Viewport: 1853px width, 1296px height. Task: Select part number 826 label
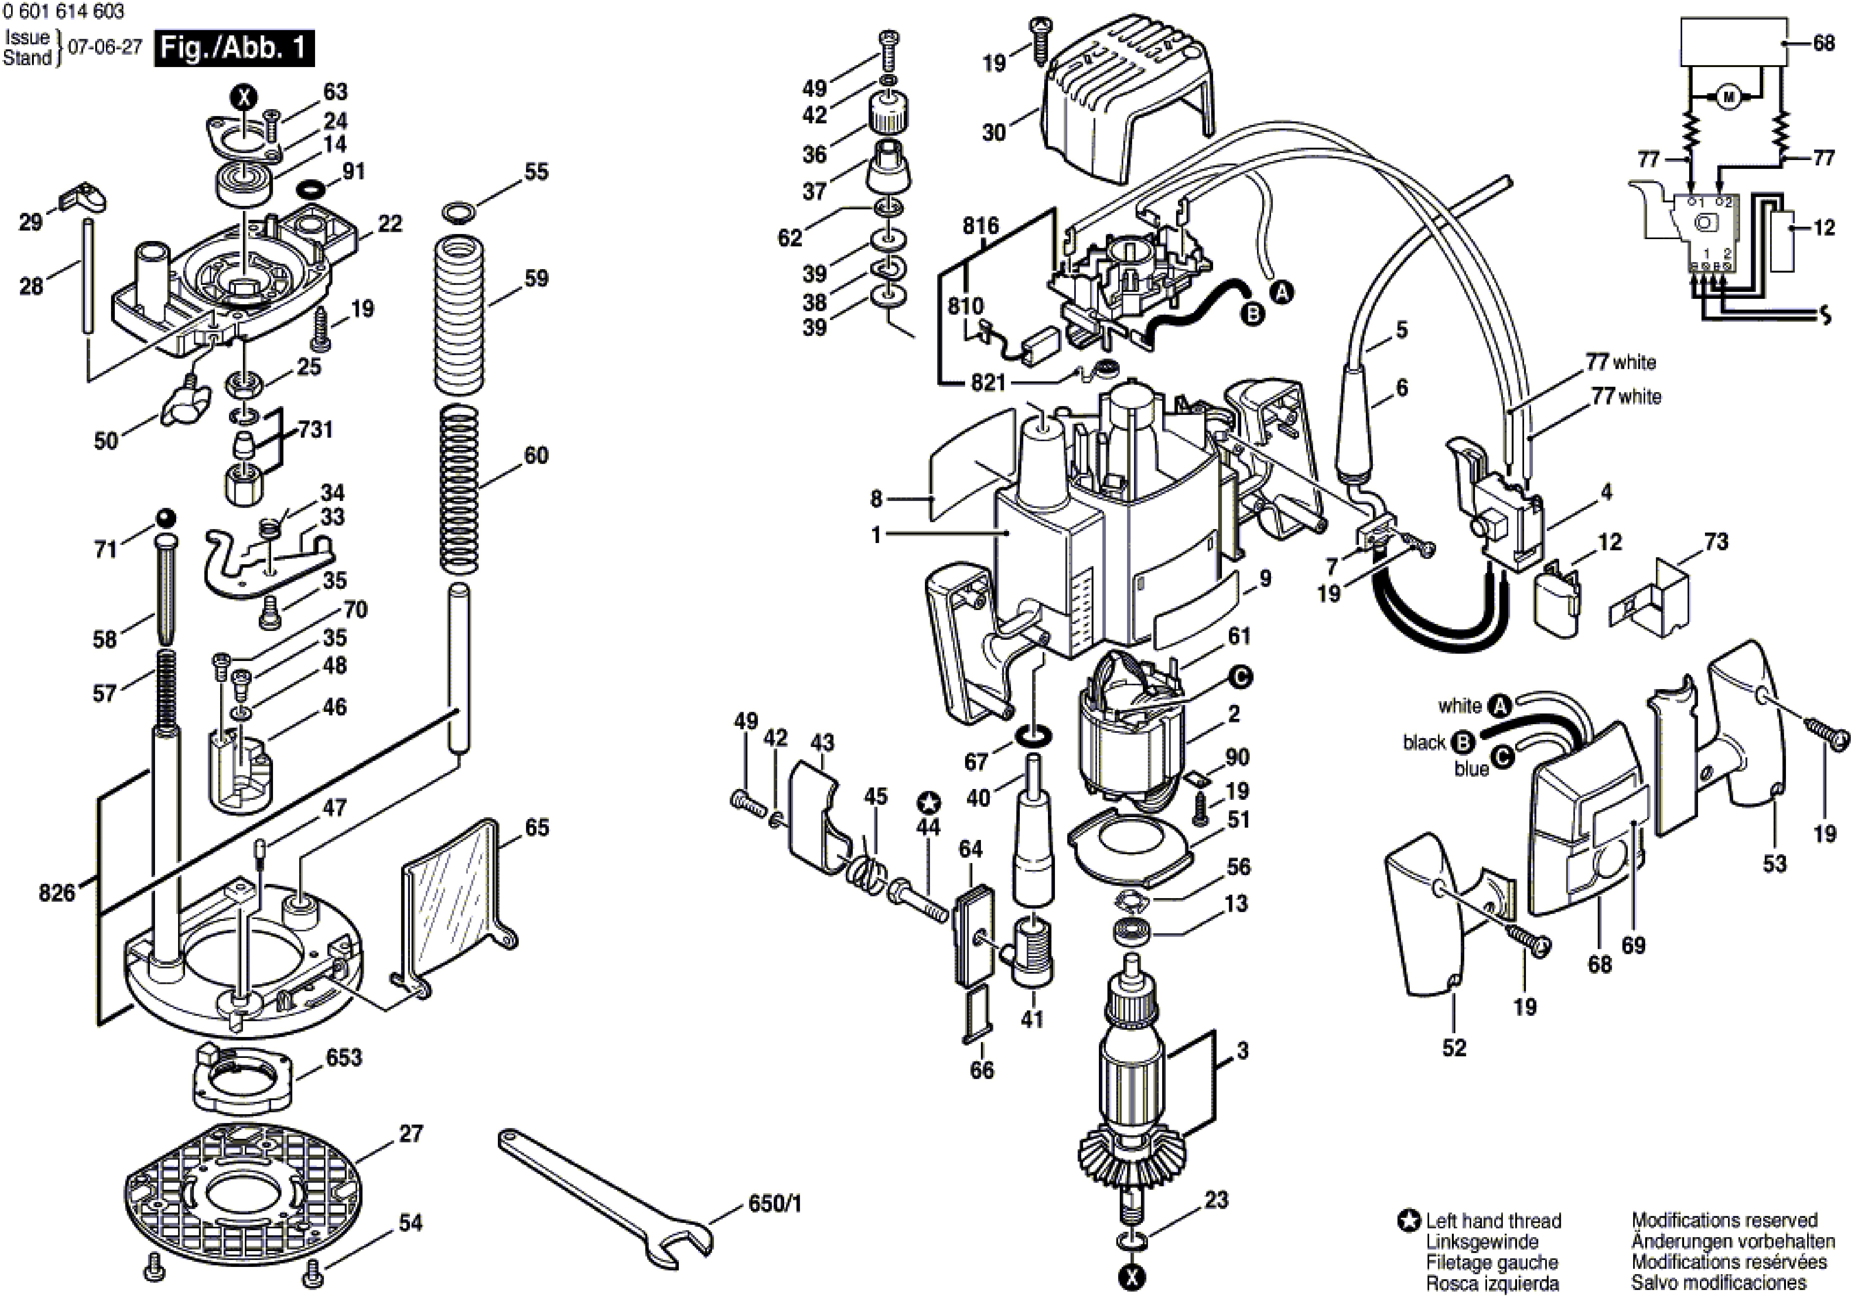(57, 892)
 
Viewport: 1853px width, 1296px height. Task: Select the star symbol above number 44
(929, 802)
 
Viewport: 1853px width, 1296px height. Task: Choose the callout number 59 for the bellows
(537, 278)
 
